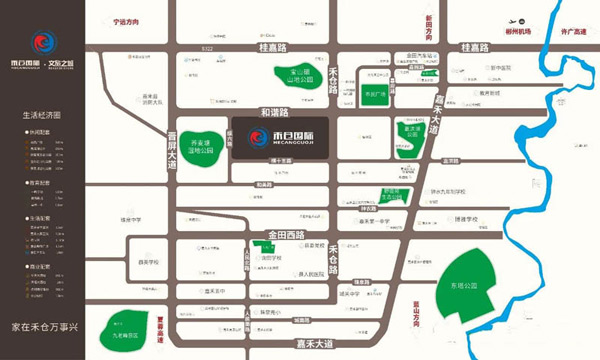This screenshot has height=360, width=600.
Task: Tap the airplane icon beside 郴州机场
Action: click(x=513, y=20)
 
